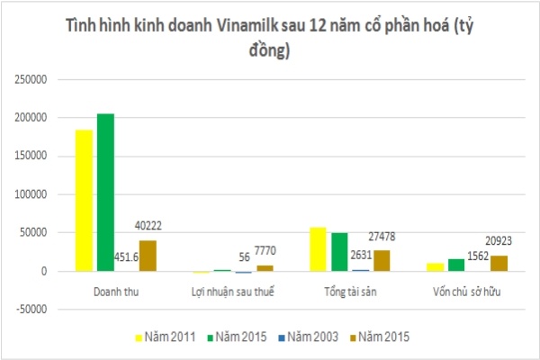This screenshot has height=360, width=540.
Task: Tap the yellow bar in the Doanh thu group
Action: (84, 200)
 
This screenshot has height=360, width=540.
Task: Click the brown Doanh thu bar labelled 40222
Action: (147, 256)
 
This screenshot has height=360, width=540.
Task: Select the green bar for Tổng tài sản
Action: (339, 251)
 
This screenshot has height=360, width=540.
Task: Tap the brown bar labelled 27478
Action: (381, 260)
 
